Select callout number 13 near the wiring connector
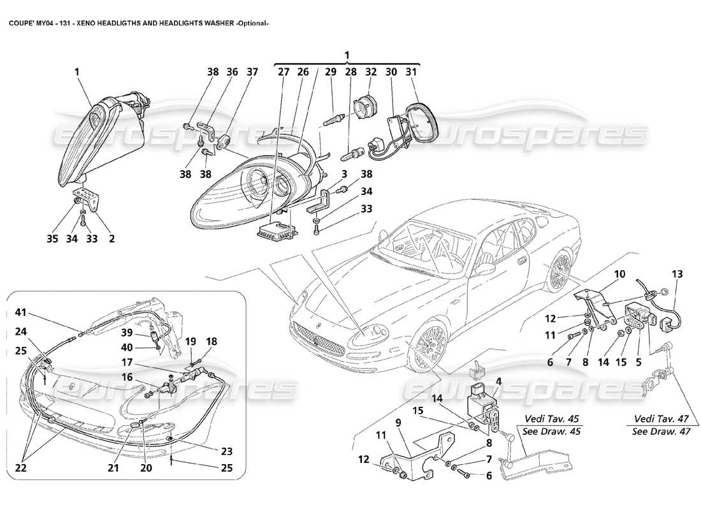[676, 274]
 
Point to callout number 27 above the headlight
[283, 72]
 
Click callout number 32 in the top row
[370, 72]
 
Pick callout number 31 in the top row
[411, 72]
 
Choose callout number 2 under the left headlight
[112, 239]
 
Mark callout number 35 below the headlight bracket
[52, 239]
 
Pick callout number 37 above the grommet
[252, 72]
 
